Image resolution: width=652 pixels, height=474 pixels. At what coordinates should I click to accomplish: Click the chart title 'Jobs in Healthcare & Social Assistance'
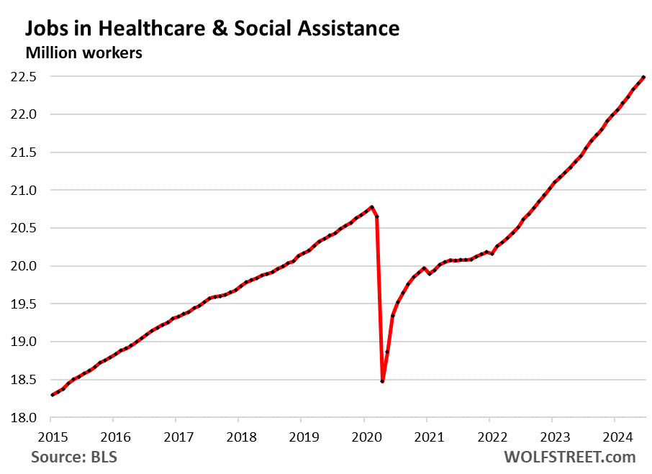(x=212, y=28)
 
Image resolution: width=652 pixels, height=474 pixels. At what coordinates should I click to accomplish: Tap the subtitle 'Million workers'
(x=83, y=53)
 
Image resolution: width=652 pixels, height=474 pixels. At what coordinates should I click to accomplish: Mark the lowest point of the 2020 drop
(x=382, y=381)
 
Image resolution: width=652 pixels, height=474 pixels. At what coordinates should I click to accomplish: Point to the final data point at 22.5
(x=643, y=77)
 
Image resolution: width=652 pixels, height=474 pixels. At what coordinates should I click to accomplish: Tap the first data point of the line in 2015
(x=53, y=395)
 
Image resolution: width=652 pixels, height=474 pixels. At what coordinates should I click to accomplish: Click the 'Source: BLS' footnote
(x=74, y=457)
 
